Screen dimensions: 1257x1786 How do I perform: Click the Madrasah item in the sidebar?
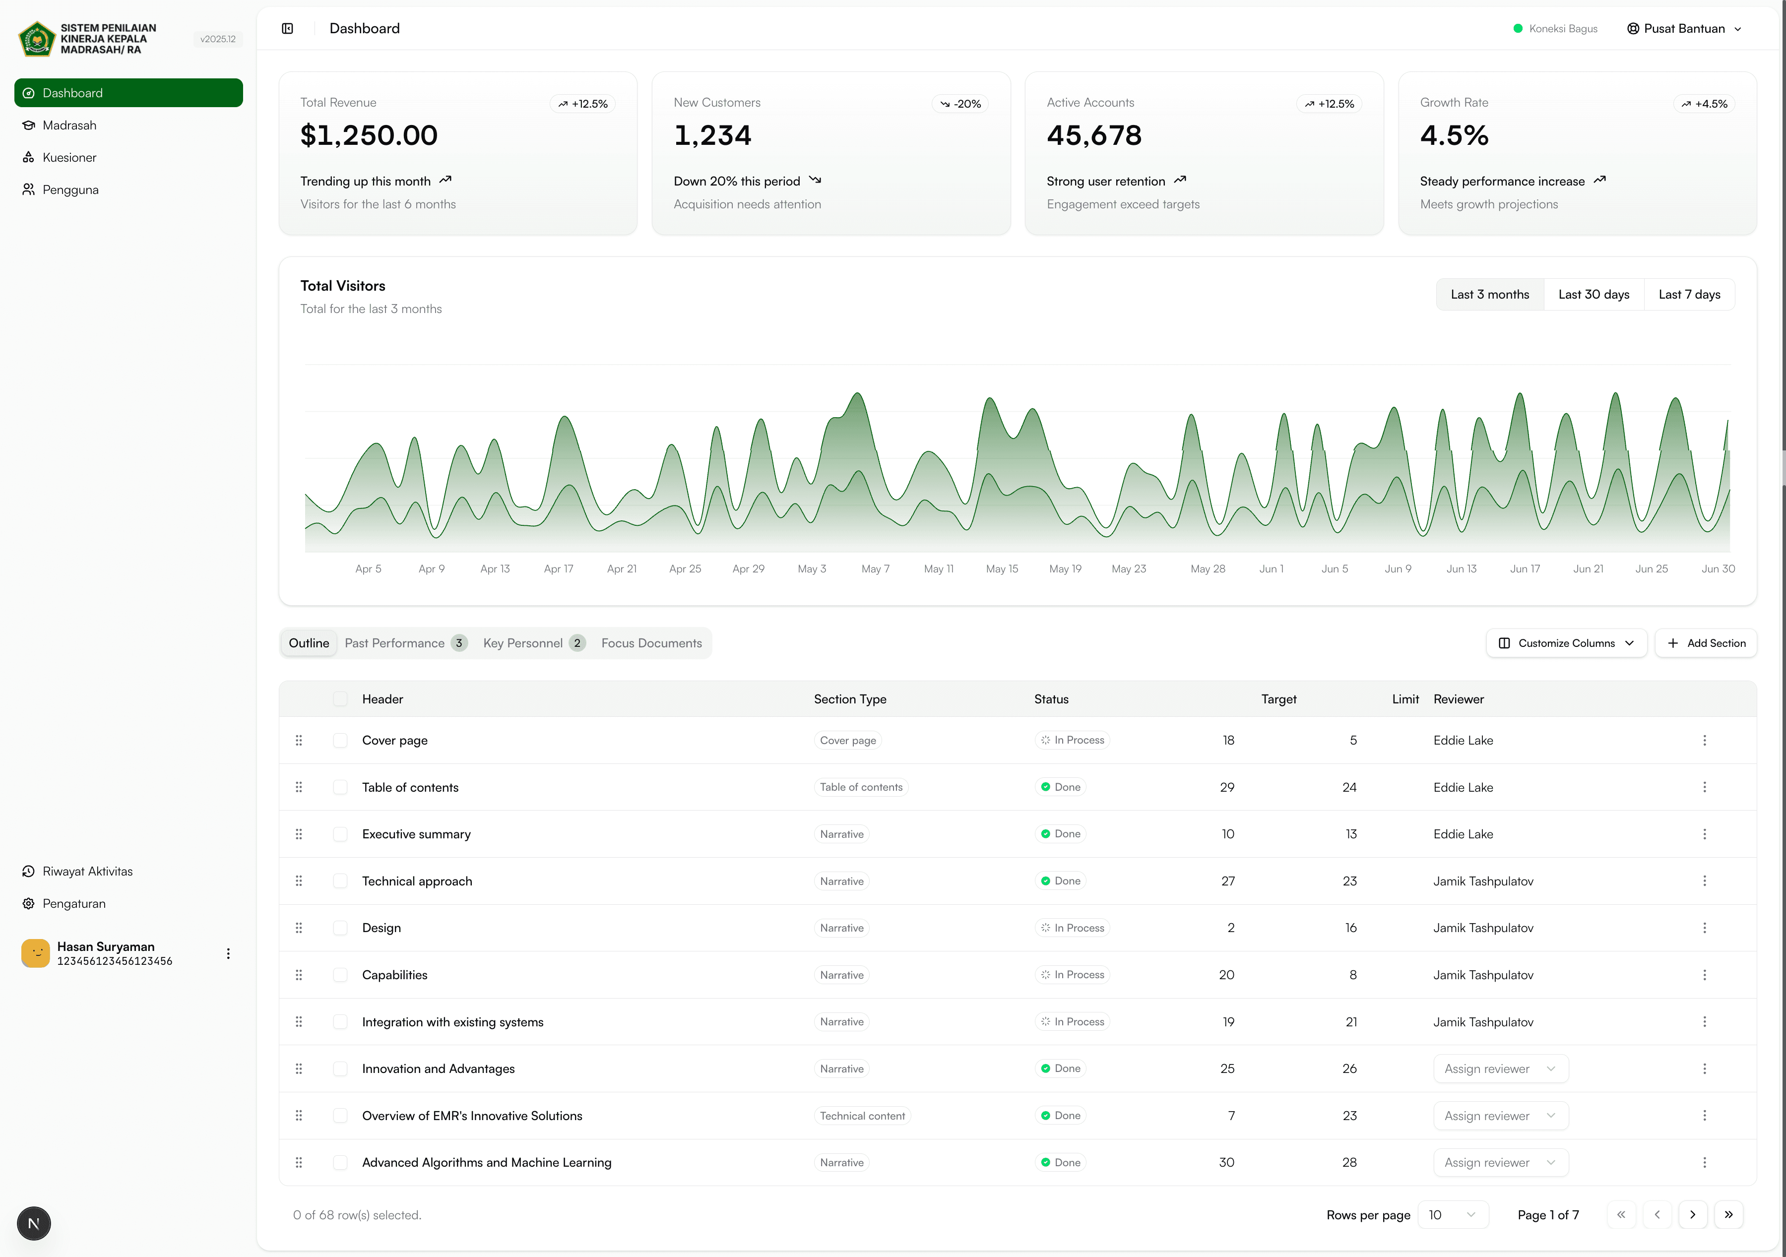(x=69, y=125)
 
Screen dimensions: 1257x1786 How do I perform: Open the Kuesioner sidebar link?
(x=69, y=157)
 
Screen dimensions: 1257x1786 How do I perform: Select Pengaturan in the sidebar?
(x=74, y=903)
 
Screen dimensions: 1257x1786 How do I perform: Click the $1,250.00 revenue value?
(x=369, y=135)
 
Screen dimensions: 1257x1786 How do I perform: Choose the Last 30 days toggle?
(x=1593, y=294)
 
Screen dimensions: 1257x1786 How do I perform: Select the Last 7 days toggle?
(x=1689, y=294)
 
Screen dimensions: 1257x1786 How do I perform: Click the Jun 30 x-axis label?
(x=1718, y=568)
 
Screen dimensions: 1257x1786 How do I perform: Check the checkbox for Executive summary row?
(x=340, y=834)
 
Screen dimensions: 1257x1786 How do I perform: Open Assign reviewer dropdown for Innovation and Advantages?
(x=1500, y=1069)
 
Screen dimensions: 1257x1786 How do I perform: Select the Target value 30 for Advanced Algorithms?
(x=1226, y=1162)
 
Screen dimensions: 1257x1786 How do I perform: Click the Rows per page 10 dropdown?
(x=1452, y=1215)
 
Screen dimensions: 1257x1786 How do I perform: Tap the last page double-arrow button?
(x=1727, y=1215)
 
